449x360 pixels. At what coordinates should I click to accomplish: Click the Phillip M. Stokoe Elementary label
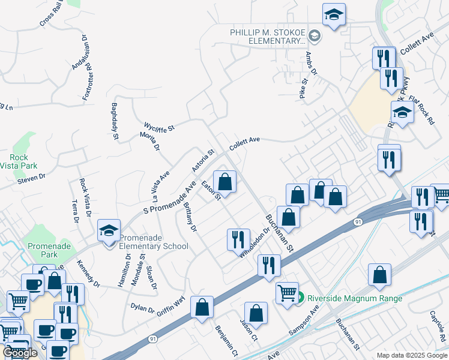coord(268,37)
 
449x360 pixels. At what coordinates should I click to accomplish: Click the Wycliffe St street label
coord(159,127)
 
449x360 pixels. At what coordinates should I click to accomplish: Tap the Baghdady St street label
coord(115,122)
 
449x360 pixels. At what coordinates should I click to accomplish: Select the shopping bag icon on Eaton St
coord(224,181)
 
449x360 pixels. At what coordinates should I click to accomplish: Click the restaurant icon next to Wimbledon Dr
coord(238,239)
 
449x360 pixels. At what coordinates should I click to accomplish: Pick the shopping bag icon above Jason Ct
coord(256,313)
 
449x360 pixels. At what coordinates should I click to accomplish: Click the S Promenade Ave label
coord(170,199)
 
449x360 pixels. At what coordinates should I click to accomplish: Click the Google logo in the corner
coord(20,353)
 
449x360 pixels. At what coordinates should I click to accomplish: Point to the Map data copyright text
coord(412,355)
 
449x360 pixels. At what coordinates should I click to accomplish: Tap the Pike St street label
coord(304,88)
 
